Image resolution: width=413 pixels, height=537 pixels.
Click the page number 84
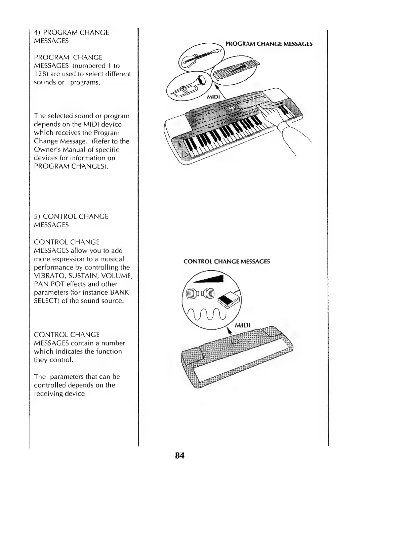(x=180, y=456)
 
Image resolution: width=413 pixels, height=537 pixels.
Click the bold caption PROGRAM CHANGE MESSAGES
(x=269, y=44)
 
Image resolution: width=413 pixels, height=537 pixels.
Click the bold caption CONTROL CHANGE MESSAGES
(x=226, y=261)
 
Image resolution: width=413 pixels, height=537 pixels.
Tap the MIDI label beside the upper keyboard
(x=213, y=97)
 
